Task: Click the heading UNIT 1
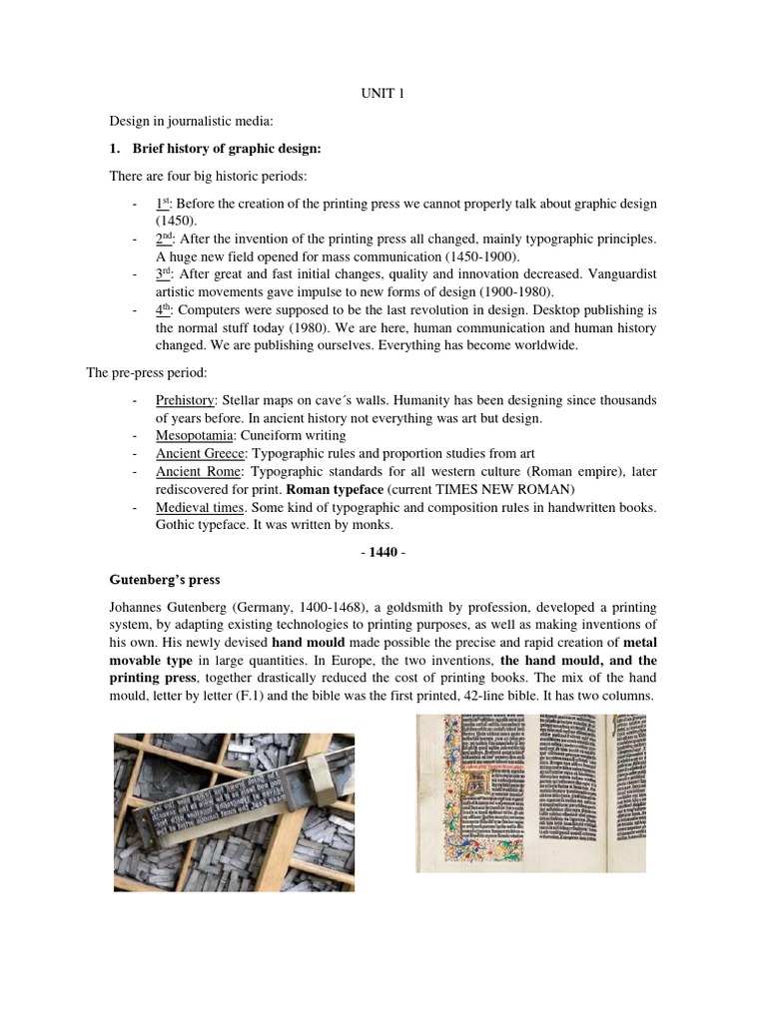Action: pyautogui.click(x=383, y=94)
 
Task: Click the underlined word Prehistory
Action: pyautogui.click(x=185, y=400)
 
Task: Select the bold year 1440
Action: pyautogui.click(x=383, y=551)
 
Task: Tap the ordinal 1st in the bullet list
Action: pyautogui.click(x=164, y=204)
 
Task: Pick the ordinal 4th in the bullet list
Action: pyautogui.click(x=165, y=310)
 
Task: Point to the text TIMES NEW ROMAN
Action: pyautogui.click(x=507, y=490)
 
